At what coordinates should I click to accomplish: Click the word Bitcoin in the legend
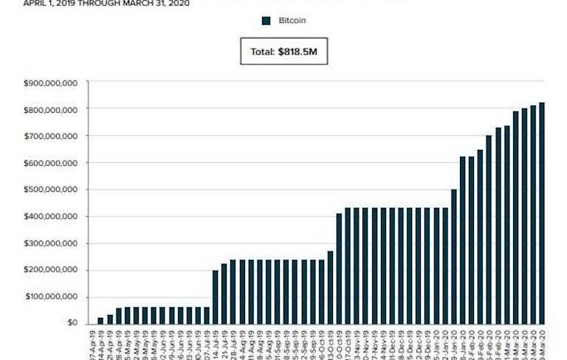292,21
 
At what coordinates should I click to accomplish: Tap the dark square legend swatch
267,21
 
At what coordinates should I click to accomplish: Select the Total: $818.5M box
283,52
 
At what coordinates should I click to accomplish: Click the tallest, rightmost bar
542,213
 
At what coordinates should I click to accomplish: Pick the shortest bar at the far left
101,320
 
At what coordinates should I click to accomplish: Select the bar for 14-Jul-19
216,297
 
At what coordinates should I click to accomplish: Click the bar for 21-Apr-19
110,319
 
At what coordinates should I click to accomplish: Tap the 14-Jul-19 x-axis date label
216,342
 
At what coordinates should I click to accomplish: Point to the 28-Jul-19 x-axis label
233,342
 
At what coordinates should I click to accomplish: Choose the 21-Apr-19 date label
110,342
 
